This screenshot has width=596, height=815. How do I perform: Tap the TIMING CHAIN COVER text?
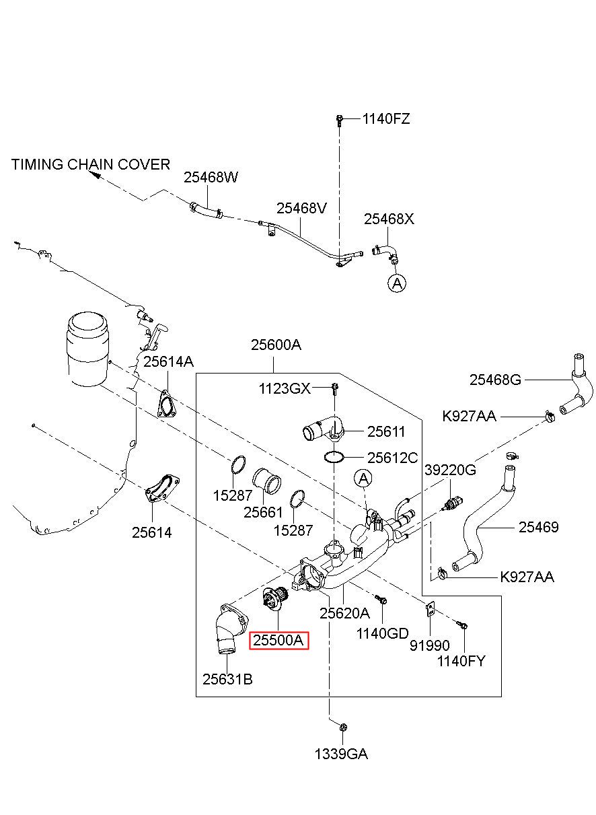[91, 164]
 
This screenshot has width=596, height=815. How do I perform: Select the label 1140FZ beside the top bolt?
[386, 119]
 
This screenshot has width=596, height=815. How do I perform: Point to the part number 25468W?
[211, 177]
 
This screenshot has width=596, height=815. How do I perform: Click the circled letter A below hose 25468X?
[398, 283]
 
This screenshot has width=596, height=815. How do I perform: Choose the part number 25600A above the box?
[276, 345]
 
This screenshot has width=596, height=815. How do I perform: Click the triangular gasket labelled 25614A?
[166, 404]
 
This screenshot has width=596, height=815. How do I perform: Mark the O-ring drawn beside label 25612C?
[334, 458]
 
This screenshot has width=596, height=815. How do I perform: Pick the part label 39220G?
[450, 470]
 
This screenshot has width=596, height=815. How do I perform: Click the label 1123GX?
[285, 388]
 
